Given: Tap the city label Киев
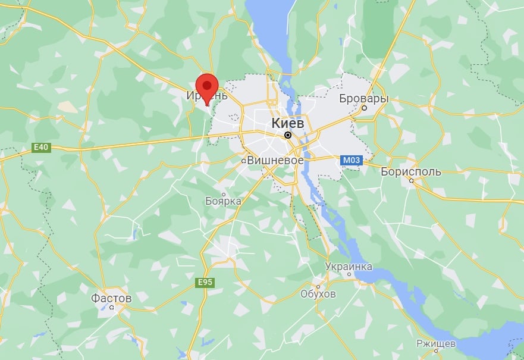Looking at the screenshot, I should (x=287, y=123).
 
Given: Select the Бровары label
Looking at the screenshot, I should (x=363, y=98).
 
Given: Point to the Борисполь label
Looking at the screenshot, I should (x=411, y=172).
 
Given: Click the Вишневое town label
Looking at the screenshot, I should (x=275, y=160).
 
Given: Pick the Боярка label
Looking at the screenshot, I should (x=223, y=201).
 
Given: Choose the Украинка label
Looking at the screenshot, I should (x=349, y=266).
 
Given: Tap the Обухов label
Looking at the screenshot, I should (x=318, y=294).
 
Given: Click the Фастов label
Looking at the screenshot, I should (x=111, y=297).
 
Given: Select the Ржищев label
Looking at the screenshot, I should (x=436, y=344).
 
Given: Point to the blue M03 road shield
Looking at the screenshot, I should (x=349, y=159).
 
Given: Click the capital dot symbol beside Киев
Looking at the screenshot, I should (x=288, y=135).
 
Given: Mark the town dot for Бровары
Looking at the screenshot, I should (x=364, y=109).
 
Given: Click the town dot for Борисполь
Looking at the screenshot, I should (x=411, y=181).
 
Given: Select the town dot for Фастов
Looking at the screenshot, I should (x=112, y=308).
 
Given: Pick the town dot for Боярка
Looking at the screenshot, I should (x=224, y=193).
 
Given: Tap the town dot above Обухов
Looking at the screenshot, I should (x=318, y=284).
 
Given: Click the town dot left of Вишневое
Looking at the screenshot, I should (x=244, y=161).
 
